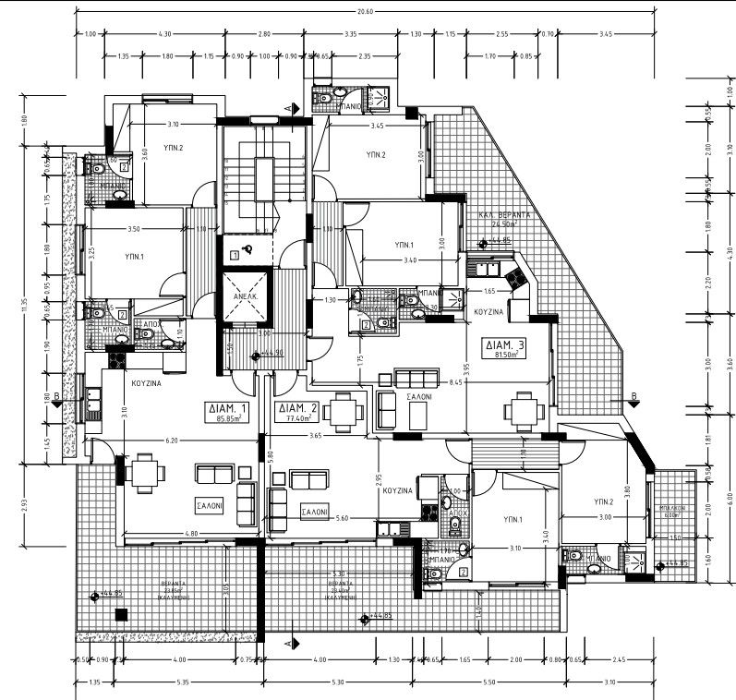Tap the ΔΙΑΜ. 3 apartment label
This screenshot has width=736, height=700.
point(504,344)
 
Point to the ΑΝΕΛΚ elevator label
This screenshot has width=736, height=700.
point(245,297)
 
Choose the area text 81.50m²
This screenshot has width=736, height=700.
point(504,356)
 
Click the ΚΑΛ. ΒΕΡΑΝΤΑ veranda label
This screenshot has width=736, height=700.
point(502,213)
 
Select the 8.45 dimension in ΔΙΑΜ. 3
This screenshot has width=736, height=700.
point(455,380)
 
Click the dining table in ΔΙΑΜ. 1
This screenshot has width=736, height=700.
point(146,474)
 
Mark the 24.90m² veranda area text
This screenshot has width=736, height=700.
point(504,223)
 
